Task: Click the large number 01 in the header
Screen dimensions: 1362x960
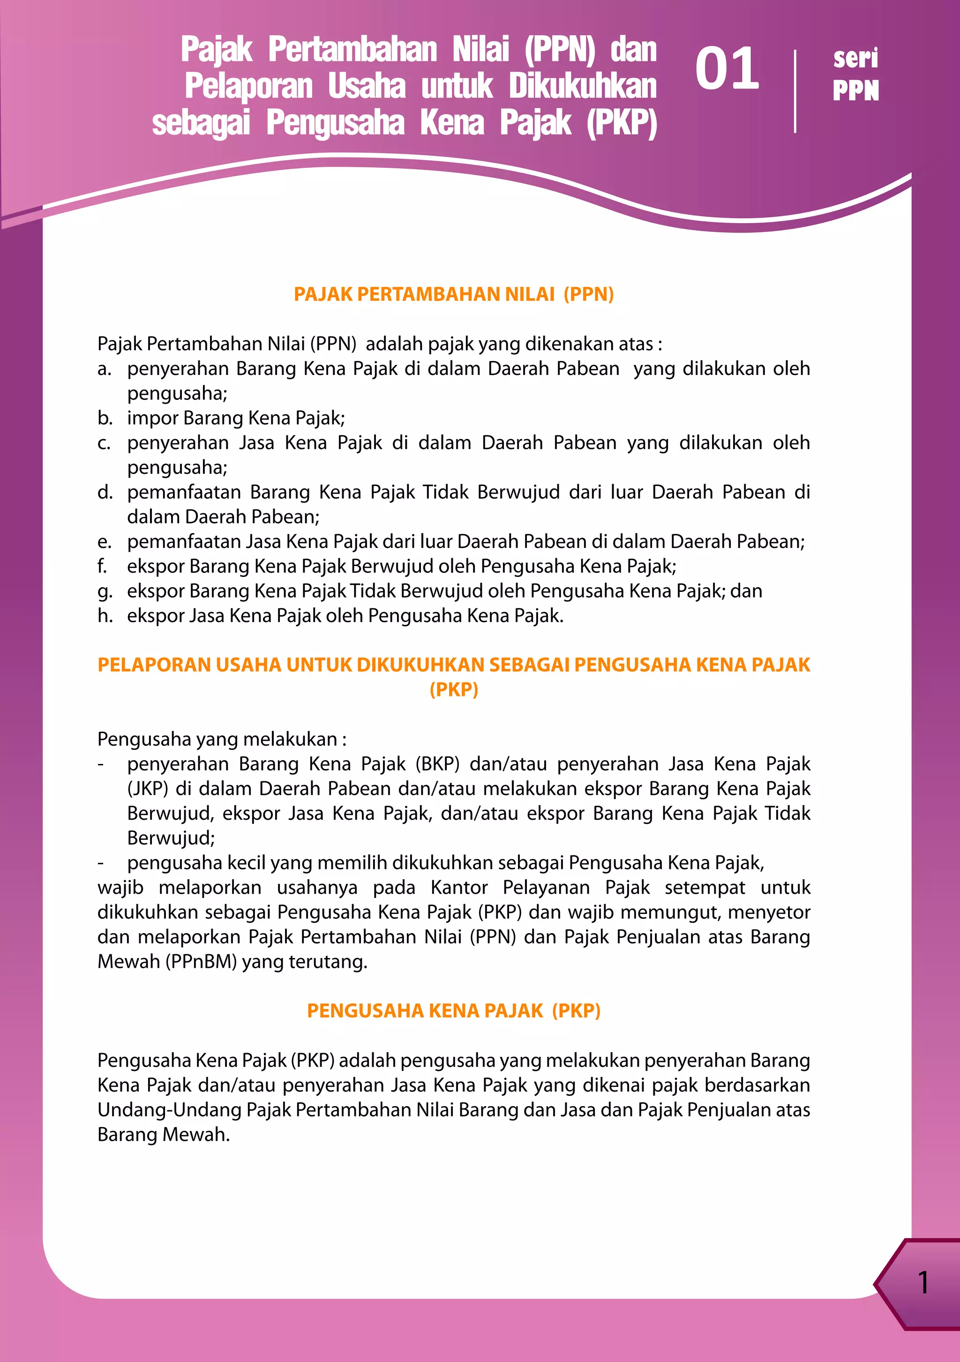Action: coord(727,69)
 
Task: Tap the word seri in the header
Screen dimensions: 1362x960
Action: coord(855,58)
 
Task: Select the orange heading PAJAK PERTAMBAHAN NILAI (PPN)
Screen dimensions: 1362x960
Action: coord(453,294)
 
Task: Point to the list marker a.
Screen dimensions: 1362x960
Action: coord(105,369)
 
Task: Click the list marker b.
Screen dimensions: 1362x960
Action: coord(105,418)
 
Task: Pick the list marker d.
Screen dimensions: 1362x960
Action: coord(105,493)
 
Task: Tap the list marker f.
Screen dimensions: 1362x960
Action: coord(103,567)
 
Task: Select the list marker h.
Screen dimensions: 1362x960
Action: coord(105,616)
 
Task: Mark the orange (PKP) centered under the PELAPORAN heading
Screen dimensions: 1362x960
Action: coord(453,689)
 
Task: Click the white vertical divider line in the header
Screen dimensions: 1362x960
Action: coord(795,91)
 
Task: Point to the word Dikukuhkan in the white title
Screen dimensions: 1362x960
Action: coord(582,87)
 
